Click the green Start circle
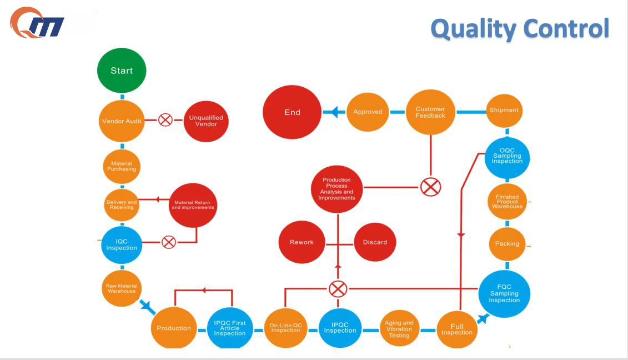click(122, 71)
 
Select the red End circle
click(292, 112)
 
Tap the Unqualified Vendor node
click(206, 121)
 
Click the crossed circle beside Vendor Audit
click(165, 120)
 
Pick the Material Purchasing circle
click(122, 166)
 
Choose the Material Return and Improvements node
click(193, 205)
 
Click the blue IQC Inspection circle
click(122, 244)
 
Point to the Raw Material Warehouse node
click(122, 289)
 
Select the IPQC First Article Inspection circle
click(230, 328)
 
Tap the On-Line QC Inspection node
click(285, 328)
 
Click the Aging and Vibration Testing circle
click(399, 329)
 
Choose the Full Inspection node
click(457, 329)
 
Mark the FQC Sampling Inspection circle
click(504, 293)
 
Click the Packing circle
click(507, 244)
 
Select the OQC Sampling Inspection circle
click(507, 156)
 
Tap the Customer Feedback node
click(430, 112)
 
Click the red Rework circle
click(302, 242)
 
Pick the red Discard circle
click(375, 242)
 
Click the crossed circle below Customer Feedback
click(430, 187)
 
